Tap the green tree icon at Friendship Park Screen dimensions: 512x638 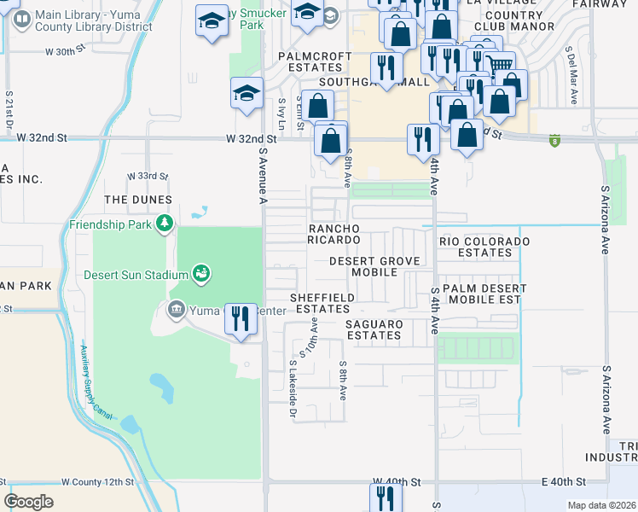[165, 224]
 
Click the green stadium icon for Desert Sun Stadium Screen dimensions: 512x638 [201, 274]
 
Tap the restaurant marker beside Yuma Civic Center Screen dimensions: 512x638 [241, 319]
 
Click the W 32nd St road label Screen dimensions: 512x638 [252, 138]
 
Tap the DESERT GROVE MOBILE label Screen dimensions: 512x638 [375, 266]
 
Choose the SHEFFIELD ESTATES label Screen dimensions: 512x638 [322, 303]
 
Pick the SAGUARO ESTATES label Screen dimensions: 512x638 [374, 329]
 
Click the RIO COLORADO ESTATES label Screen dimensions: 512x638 [484, 247]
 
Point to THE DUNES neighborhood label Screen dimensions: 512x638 [138, 200]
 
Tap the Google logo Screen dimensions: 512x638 [28, 501]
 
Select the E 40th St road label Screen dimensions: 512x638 [564, 483]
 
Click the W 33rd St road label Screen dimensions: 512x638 [148, 176]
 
